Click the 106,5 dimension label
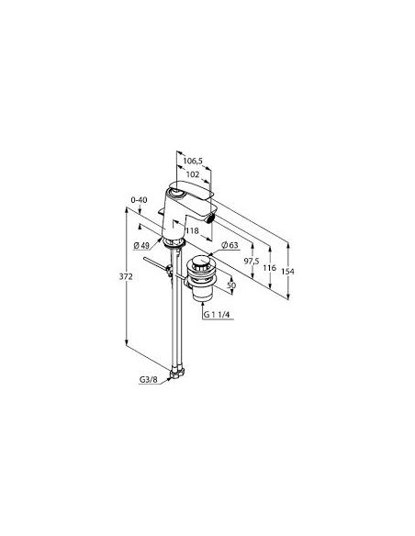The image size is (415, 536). coord(193,161)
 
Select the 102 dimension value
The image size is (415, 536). coord(193,174)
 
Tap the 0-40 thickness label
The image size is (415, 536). coord(140,200)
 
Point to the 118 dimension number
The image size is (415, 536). coord(192,230)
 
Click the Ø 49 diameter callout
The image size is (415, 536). coord(141,245)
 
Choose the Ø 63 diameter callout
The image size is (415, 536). coord(230,245)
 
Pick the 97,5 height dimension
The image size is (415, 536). coord(252,262)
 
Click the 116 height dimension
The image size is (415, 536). coord(269,268)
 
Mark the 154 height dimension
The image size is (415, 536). coord(287,272)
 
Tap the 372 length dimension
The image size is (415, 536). coord(126,277)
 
